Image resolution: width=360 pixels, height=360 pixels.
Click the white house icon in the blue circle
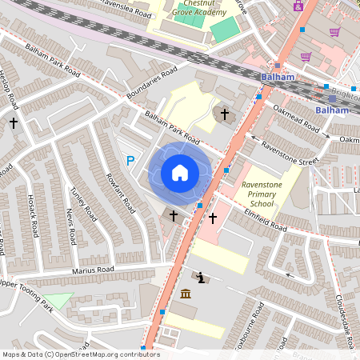tap(180, 173)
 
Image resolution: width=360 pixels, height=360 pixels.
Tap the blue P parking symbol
tap(130, 162)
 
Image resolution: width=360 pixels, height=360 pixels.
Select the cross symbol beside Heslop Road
tap(13, 123)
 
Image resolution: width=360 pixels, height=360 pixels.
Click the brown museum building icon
tap(186, 296)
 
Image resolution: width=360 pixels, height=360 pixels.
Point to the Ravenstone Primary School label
tap(262, 194)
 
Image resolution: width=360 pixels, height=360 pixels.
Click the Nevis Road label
tap(70, 227)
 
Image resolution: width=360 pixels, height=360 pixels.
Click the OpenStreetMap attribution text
tap(81, 354)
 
